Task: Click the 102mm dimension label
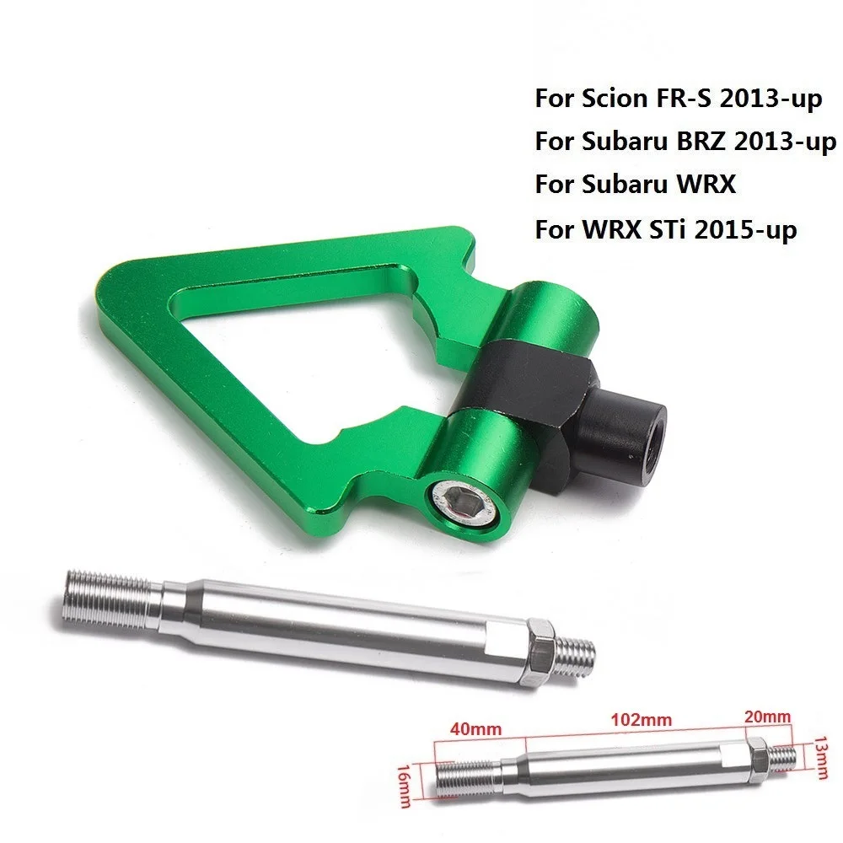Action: tap(641, 720)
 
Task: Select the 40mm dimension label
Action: tap(475, 728)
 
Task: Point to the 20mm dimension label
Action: tap(768, 717)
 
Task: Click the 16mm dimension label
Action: tap(405, 786)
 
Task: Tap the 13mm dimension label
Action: tap(821, 758)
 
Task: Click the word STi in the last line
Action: tap(668, 229)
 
